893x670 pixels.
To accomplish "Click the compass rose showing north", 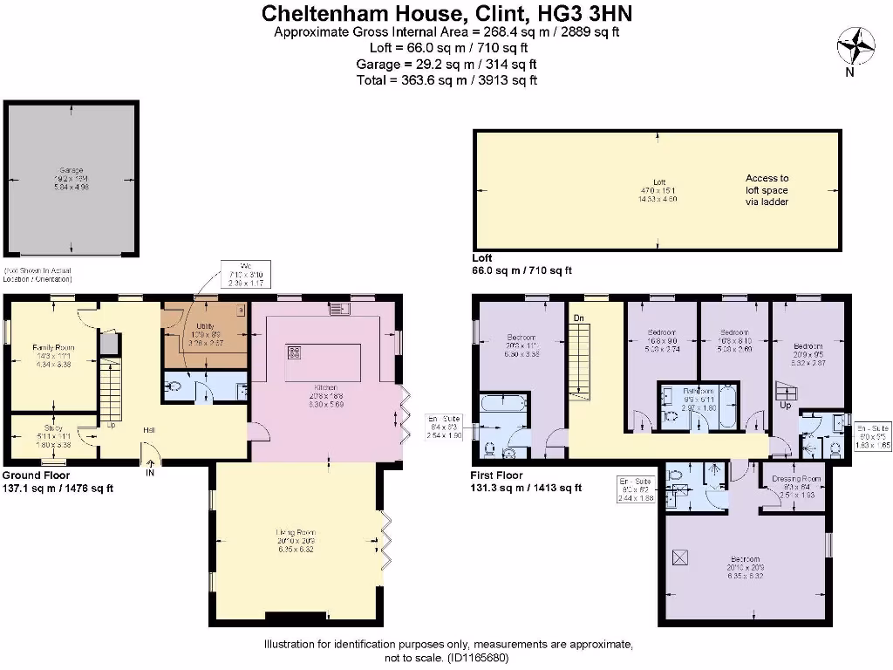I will (x=856, y=44).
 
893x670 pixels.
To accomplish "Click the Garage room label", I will (x=71, y=171).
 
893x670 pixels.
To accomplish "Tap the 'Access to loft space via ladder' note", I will (x=767, y=189).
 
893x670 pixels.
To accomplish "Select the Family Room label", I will (x=54, y=347).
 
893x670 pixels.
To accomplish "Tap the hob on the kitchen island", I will (x=295, y=352).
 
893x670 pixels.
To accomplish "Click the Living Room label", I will (x=296, y=531).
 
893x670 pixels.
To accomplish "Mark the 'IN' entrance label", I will (x=150, y=472).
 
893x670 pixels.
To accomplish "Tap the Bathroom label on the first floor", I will (x=698, y=392).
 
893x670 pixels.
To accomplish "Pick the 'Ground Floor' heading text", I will (x=34, y=475).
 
